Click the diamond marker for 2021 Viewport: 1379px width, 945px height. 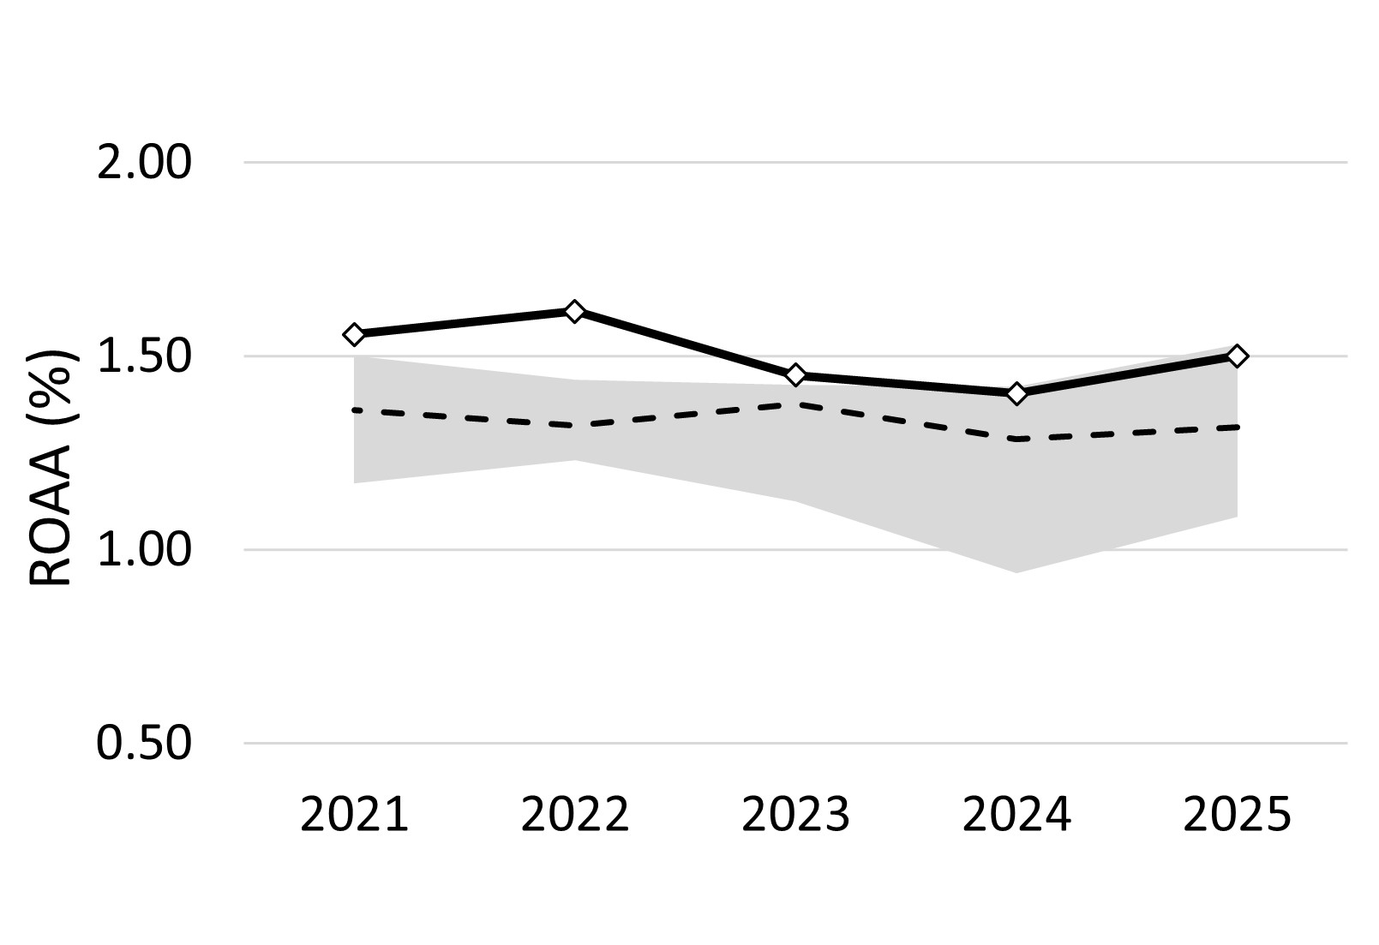tap(354, 334)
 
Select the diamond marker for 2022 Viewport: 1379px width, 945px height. tap(574, 311)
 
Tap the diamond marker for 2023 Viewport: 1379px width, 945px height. tap(795, 374)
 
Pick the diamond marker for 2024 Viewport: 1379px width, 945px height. tap(1016, 394)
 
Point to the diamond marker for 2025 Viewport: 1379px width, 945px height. tap(1237, 356)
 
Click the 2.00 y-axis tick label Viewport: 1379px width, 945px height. tap(143, 163)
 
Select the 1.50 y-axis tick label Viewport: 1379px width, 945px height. tap(143, 356)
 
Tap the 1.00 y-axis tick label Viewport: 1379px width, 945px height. tap(143, 550)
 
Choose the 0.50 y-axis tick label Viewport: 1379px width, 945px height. tap(143, 744)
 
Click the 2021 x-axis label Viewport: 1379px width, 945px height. tap(354, 815)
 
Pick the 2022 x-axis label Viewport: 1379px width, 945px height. tap(574, 815)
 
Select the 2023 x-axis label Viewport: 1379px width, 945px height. tap(795, 815)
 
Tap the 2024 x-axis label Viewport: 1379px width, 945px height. tap(1016, 815)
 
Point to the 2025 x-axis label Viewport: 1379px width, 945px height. tap(1237, 815)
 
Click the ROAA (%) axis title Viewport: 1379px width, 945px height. tap(53, 467)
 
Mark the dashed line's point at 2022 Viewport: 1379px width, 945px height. tap(574, 425)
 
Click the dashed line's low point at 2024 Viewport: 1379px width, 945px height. tap(1016, 439)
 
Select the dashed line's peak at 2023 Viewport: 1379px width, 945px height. tap(795, 404)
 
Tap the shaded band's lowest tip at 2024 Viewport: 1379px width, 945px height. tap(1016, 571)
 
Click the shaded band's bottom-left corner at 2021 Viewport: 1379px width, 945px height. tap(355, 481)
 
